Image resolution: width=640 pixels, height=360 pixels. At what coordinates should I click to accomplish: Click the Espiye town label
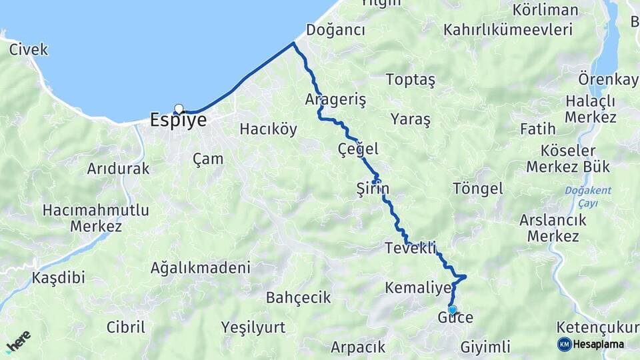click(178, 121)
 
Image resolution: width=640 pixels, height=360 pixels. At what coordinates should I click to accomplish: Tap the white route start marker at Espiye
click(179, 109)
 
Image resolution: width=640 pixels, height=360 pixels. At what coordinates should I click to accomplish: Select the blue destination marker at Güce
click(453, 309)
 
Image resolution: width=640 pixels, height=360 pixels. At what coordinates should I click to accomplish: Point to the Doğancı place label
click(335, 31)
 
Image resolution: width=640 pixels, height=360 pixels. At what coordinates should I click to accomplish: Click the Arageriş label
click(335, 100)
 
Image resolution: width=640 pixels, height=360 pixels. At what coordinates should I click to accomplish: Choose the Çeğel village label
click(358, 149)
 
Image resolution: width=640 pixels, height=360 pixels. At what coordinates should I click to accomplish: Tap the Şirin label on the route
click(373, 189)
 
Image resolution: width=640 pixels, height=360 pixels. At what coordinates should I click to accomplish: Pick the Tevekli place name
click(410, 248)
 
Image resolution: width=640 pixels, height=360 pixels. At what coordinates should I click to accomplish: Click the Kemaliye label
click(418, 287)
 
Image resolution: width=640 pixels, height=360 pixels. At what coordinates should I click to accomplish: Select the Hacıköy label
click(268, 129)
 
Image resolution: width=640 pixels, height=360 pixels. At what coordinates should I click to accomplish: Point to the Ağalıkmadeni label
click(200, 268)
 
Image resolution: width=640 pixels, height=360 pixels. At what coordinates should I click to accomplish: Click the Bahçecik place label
click(298, 298)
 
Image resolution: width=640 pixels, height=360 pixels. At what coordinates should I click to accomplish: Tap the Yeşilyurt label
click(253, 327)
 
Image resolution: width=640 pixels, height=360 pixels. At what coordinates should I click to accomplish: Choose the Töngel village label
click(477, 189)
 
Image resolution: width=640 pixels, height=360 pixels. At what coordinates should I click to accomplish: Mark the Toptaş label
click(410, 80)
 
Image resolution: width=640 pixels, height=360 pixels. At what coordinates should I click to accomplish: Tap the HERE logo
click(19, 342)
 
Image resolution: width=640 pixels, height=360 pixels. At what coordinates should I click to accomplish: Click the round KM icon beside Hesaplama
click(564, 344)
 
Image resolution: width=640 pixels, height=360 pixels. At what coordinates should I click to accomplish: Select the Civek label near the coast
click(29, 49)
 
